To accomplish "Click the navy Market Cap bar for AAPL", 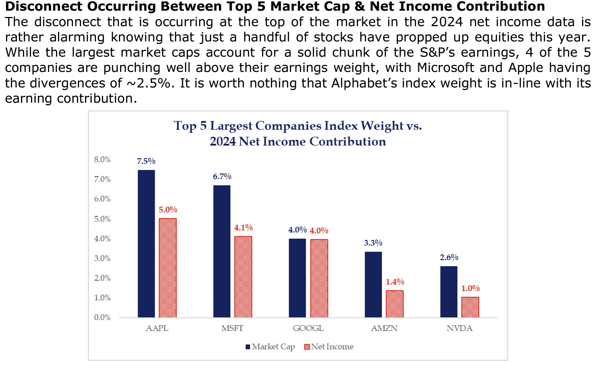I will point(146,243).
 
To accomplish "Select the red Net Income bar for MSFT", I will point(243,277).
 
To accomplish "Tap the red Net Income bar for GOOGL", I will point(319,278).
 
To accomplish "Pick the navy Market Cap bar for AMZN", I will point(373,284).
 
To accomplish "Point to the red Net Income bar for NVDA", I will point(470,307).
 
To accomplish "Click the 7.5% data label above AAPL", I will point(146,161).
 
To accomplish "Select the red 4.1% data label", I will point(243,228).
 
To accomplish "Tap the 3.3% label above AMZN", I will point(373,243).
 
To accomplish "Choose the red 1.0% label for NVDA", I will point(470,288).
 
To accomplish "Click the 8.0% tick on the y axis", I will point(102,159).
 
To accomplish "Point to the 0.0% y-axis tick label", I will point(102,317).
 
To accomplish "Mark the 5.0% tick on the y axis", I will point(102,219).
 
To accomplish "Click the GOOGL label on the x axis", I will point(308,328).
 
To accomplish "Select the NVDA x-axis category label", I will point(459,328).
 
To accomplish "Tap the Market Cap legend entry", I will point(270,347).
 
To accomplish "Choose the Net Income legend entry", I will point(329,347).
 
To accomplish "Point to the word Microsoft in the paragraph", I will point(445,68).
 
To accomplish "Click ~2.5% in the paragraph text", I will point(150,83).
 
